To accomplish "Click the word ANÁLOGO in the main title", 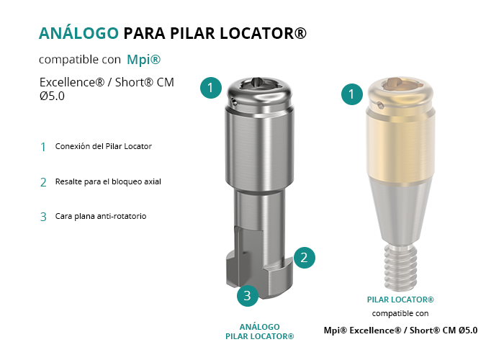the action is click(78, 33).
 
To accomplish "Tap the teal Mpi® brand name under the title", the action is click(144, 60).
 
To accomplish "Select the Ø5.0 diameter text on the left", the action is click(52, 96).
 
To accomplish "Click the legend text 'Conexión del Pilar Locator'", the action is click(104, 146).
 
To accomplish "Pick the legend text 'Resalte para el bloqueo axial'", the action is click(108, 181).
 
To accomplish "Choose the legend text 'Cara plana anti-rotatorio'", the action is click(101, 216).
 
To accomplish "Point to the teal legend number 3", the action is click(43, 217).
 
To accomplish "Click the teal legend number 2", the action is click(43, 182).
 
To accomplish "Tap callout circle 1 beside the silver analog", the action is click(211, 88).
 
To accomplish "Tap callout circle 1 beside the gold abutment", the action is click(352, 94).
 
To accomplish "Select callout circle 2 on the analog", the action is click(304, 258).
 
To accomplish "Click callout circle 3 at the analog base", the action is click(248, 295).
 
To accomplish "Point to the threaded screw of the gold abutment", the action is click(400, 266).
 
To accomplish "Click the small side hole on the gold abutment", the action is click(380, 105).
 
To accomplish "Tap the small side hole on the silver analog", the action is click(235, 103).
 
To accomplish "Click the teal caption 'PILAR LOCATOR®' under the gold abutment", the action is click(400, 300).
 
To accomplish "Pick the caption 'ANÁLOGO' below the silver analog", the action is click(260, 327).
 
